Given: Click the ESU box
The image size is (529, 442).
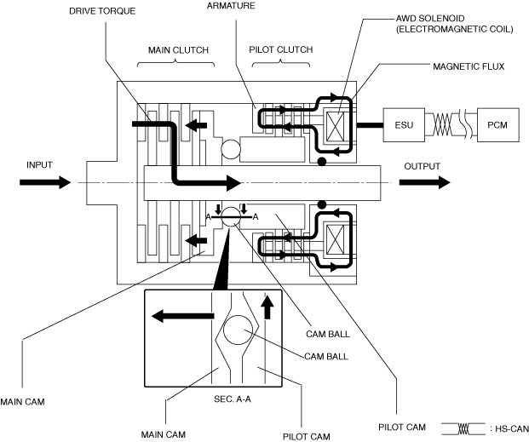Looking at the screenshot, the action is pyautogui.click(x=404, y=125).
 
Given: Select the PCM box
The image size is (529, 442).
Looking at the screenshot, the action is pyautogui.click(x=497, y=125).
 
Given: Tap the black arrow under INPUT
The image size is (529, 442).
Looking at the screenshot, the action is pyautogui.click(x=45, y=182).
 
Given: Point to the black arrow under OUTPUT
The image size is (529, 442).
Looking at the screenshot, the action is pyautogui.click(x=425, y=182).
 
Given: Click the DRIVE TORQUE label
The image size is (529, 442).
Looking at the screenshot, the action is pyautogui.click(x=102, y=11).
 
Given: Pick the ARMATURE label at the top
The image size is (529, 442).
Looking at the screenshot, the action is pyautogui.click(x=231, y=6).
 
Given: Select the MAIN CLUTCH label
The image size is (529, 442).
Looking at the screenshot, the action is pyautogui.click(x=179, y=50).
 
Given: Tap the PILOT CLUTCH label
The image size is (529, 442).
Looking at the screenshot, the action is pyautogui.click(x=281, y=49).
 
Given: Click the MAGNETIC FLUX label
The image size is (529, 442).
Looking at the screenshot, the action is pyautogui.click(x=469, y=66).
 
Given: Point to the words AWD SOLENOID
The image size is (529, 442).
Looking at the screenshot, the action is pyautogui.click(x=430, y=18).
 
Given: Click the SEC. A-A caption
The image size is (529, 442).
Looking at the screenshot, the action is pyautogui.click(x=233, y=399).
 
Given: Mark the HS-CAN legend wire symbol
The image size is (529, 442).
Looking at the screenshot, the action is pyautogui.click(x=463, y=429).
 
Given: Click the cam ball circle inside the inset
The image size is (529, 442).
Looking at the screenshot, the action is pyautogui.click(x=238, y=330).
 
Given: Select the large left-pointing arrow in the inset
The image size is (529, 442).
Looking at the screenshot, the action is pyautogui.click(x=182, y=316).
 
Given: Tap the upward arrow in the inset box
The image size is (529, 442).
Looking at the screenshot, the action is pyautogui.click(x=267, y=307).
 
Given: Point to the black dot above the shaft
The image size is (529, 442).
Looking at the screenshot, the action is pyautogui.click(x=322, y=162).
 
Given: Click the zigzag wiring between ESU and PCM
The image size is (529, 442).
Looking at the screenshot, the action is pyautogui.click(x=442, y=125).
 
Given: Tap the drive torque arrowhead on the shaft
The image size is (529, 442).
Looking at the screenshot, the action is pyautogui.click(x=233, y=183).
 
